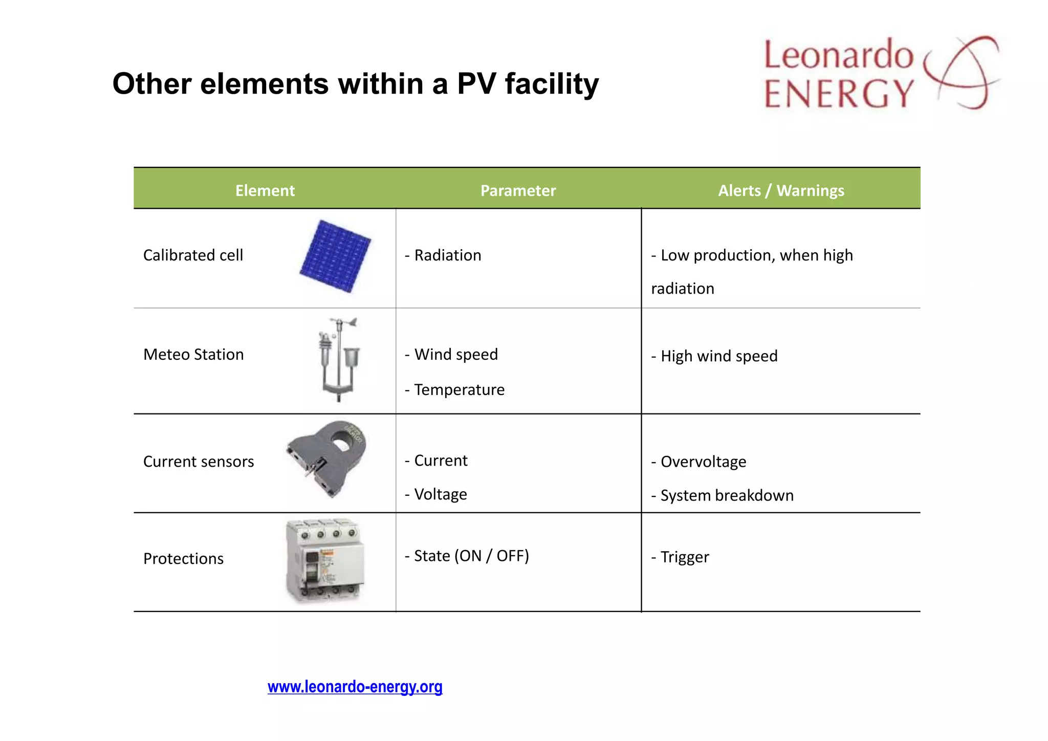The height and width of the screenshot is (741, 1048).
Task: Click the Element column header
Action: (x=265, y=190)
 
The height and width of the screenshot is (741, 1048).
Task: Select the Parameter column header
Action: (x=518, y=190)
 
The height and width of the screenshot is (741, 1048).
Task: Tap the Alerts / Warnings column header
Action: (x=781, y=190)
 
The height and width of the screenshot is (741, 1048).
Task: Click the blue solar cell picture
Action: (x=336, y=256)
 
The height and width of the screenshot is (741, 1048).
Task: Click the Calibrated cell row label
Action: (x=193, y=255)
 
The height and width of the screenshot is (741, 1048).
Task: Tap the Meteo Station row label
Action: (x=193, y=354)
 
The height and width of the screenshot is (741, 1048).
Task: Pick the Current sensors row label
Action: (x=199, y=462)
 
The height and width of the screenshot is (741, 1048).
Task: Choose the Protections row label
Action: (x=183, y=558)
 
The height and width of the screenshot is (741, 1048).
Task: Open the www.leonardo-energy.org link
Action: (x=355, y=686)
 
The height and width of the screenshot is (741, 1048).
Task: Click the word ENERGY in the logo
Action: (x=839, y=94)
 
